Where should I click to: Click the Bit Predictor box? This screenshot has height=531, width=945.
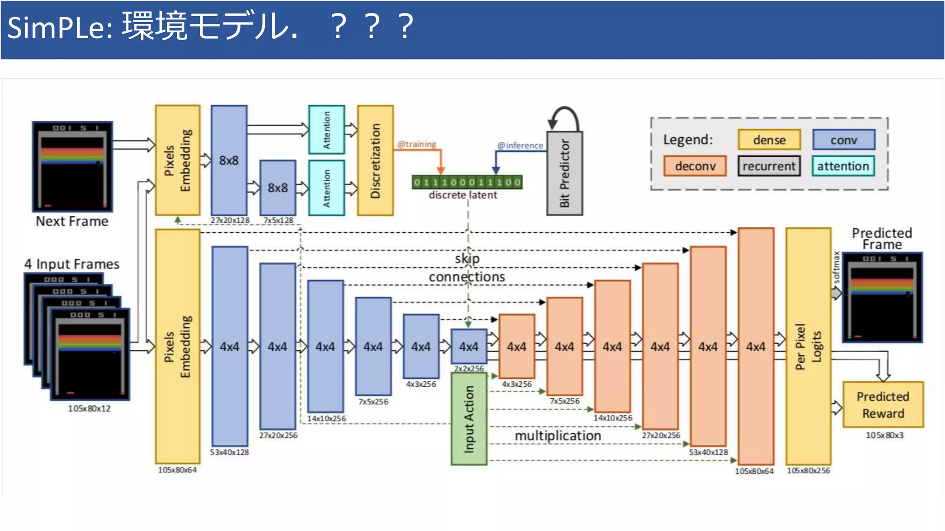pyautogui.click(x=564, y=173)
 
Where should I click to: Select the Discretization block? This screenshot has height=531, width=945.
pyautogui.click(x=375, y=160)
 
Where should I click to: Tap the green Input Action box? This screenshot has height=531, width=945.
pyautogui.click(x=469, y=419)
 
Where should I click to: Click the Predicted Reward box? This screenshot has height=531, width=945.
pyautogui.click(x=883, y=405)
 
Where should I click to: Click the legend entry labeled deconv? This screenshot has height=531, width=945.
pyautogui.click(x=695, y=166)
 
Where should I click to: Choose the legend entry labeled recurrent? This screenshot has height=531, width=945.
pyautogui.click(x=769, y=166)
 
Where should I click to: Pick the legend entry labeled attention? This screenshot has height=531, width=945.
pyautogui.click(x=843, y=166)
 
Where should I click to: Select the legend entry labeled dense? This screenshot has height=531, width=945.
pyautogui.click(x=769, y=140)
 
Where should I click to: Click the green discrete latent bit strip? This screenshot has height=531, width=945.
pyautogui.click(x=467, y=183)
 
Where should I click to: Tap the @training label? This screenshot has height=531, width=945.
pyautogui.click(x=417, y=144)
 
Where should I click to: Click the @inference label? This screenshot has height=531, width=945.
pyautogui.click(x=520, y=146)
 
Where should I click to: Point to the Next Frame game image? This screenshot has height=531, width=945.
pyautogui.click(x=72, y=166)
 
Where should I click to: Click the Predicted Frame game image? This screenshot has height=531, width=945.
pyautogui.click(x=882, y=297)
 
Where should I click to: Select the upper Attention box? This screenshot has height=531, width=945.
pyautogui.click(x=327, y=130)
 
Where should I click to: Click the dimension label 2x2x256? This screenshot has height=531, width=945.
pyautogui.click(x=469, y=368)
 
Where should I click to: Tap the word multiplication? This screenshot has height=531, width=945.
pyautogui.click(x=557, y=436)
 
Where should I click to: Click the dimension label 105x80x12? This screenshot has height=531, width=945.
pyautogui.click(x=89, y=408)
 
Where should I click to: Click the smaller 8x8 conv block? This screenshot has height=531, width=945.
pyautogui.click(x=278, y=188)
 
